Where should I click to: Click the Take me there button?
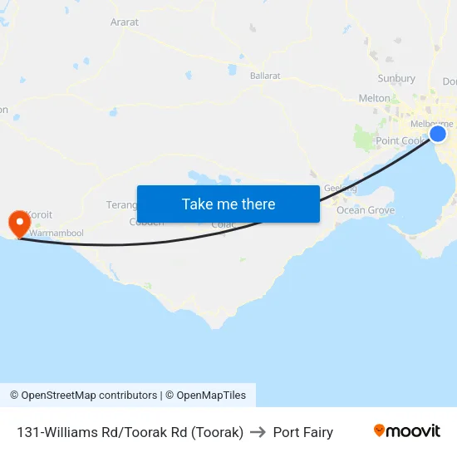[x=228, y=204]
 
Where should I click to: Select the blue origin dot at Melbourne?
[x=437, y=134]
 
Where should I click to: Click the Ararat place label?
[x=125, y=22]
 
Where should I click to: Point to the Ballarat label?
[x=265, y=76]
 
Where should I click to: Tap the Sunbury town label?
[x=396, y=78]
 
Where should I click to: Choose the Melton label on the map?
[x=374, y=98]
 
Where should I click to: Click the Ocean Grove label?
[x=366, y=210]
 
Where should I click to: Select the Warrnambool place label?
[x=57, y=233]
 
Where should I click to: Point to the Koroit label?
[x=39, y=214]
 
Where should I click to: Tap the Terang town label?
[x=121, y=204]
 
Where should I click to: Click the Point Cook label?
[x=400, y=141]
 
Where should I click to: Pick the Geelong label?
[x=340, y=188]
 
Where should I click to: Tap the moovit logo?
[x=406, y=431]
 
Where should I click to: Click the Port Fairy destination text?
[x=303, y=432]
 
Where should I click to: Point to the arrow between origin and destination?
[x=258, y=432]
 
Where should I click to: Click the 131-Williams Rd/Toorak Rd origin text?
[x=130, y=432]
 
